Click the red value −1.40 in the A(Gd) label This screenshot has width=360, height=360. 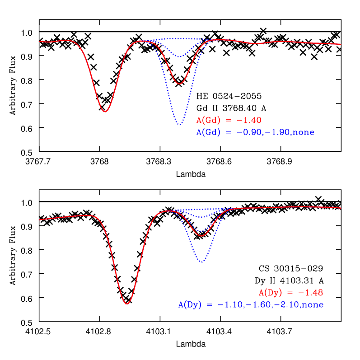(247, 121)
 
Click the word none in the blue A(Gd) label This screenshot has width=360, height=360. (303, 132)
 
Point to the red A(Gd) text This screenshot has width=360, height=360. (208, 121)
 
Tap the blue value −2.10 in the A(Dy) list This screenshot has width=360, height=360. (285, 305)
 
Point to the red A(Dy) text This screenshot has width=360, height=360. (271, 292)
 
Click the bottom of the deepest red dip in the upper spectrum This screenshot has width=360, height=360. (105, 112)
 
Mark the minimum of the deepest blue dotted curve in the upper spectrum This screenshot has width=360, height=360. (180, 124)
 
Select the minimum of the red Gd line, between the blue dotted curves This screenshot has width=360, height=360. (180, 84)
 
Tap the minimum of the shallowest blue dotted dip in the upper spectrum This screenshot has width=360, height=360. (180, 57)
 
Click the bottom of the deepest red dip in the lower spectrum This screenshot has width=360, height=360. (127, 304)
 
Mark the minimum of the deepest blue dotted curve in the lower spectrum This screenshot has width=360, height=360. (202, 262)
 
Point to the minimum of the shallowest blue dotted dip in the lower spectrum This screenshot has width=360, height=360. (202, 218)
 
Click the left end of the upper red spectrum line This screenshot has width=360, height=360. (40, 41)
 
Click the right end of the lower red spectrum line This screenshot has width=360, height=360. (340, 208)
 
